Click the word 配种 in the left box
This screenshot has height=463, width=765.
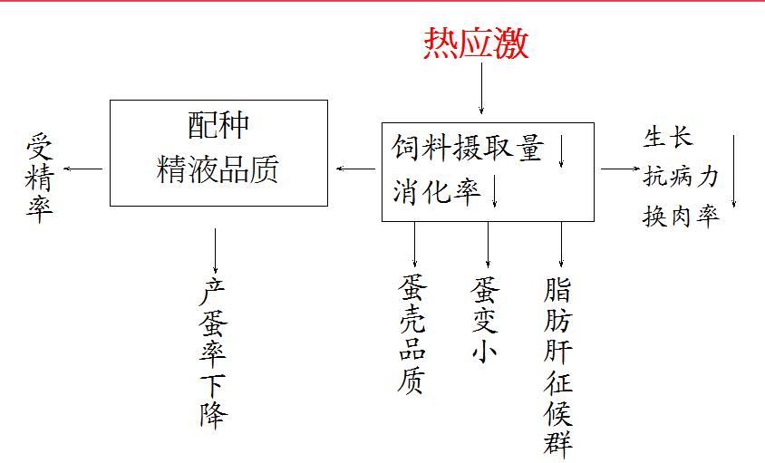tap(218, 125)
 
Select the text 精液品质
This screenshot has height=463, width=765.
tap(218, 169)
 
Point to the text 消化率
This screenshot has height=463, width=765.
tap(436, 191)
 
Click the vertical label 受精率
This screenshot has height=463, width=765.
tap(39, 178)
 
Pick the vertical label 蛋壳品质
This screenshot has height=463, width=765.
tap(412, 335)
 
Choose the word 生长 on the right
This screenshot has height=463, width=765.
tap(668, 138)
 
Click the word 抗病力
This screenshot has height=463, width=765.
tap(681, 177)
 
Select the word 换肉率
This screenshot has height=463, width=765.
tap(681, 217)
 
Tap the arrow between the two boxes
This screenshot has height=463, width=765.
tap(354, 169)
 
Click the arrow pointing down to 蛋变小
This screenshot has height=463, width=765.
tap(488, 244)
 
